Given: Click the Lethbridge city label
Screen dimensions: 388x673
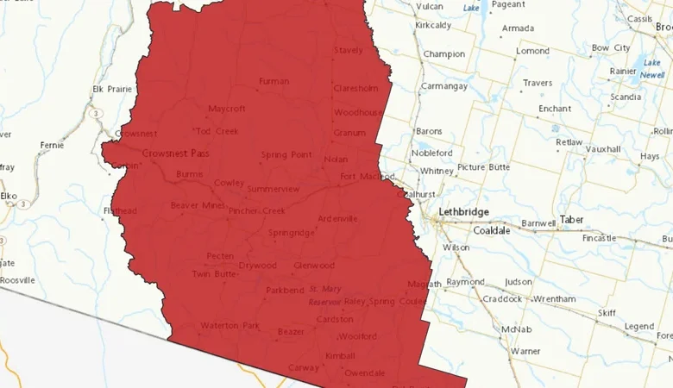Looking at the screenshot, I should coord(463,211).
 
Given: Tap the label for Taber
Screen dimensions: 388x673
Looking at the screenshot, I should coord(571,220).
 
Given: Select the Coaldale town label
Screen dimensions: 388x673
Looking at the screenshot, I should coord(491,230).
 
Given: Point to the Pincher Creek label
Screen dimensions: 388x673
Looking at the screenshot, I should coord(256,210).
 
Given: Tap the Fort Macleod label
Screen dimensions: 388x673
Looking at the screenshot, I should coord(361,177).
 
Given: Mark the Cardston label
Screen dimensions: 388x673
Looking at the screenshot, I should coord(335,319).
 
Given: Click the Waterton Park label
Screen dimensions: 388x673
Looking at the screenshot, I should coord(230,326).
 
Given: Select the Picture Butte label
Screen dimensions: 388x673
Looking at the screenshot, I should coord(483,166).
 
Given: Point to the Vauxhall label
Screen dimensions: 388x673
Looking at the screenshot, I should coord(603,149).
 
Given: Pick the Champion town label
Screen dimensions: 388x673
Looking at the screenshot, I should coord(443,54).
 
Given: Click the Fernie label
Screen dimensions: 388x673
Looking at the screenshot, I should coord(52,145).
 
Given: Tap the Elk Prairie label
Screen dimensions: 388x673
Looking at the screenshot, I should coord(110,89).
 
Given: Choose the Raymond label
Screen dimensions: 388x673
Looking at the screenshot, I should coord(466,282).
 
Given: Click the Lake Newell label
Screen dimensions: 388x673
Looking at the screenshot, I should coord(651,69).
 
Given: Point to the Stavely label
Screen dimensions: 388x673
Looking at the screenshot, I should coord(349,51).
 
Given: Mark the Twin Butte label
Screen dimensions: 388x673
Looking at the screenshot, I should coord(212,274).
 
